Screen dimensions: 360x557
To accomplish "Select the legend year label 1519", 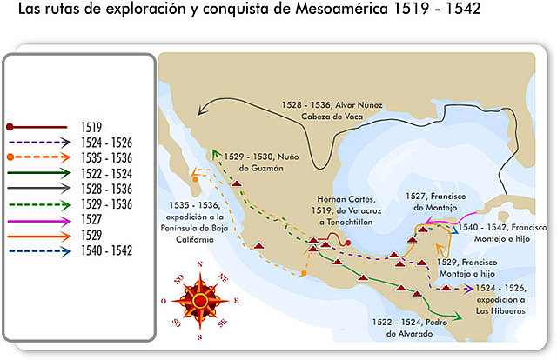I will [x=92, y=127].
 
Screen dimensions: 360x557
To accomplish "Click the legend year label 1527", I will [x=92, y=219].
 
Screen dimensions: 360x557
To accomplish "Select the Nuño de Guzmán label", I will [x=254, y=162].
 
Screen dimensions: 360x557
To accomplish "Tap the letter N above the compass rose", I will [x=199, y=264].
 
